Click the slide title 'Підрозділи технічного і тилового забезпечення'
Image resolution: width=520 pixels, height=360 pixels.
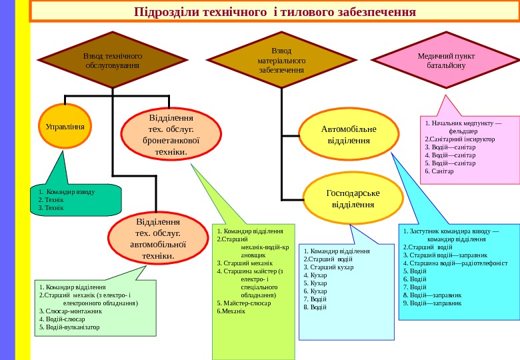(x=275, y=13)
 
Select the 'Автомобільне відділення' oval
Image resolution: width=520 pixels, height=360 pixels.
(x=349, y=135)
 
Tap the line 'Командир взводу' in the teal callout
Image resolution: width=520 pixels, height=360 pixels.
(x=69, y=191)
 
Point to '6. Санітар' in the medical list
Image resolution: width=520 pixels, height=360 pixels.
(x=439, y=171)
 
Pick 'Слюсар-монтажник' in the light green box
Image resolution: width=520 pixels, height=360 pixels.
(x=71, y=311)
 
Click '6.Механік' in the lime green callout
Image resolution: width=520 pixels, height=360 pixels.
(x=231, y=311)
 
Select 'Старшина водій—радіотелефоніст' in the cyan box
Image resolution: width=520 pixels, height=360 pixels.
(x=456, y=263)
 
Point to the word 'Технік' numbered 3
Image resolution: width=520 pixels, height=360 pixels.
(x=54, y=208)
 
